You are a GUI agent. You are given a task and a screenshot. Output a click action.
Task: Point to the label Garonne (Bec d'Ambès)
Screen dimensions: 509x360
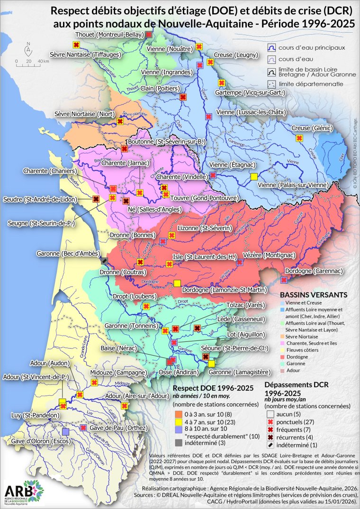point(67,254)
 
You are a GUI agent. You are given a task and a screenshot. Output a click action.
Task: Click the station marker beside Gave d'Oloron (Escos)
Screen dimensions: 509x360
point(65,431)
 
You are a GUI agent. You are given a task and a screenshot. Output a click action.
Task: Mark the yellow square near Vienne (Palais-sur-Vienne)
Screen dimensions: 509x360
point(254,177)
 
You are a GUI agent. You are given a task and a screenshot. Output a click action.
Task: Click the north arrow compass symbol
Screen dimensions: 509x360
point(28,48)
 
